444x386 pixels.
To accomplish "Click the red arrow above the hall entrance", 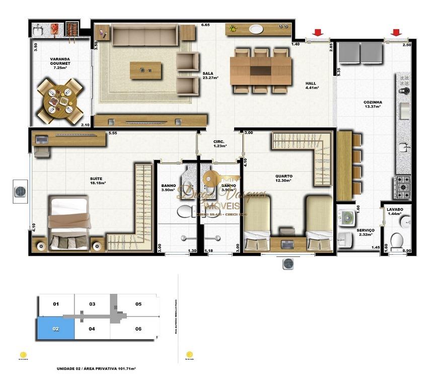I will [318, 33].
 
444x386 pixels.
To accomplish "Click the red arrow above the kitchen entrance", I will [397, 33].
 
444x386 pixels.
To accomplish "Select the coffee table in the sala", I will [145, 70].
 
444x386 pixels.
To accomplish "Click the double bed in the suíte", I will [71, 225].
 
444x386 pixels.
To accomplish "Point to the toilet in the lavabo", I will [397, 241].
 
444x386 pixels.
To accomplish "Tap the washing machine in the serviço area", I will [346, 218].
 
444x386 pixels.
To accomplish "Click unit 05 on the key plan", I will [138, 304].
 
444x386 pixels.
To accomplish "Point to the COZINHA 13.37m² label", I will [373, 104].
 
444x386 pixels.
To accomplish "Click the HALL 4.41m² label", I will [312, 85].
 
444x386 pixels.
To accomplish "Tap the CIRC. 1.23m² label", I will [219, 144].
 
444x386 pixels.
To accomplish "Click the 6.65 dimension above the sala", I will [205, 25].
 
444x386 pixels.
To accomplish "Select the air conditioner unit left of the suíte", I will [21, 191].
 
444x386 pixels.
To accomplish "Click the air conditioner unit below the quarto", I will [288, 263].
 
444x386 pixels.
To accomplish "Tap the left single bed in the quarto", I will [257, 224].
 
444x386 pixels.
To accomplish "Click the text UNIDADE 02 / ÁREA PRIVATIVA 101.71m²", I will [97, 368].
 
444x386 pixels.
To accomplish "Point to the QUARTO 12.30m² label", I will [283, 178].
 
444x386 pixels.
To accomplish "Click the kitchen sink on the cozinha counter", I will [404, 147].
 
